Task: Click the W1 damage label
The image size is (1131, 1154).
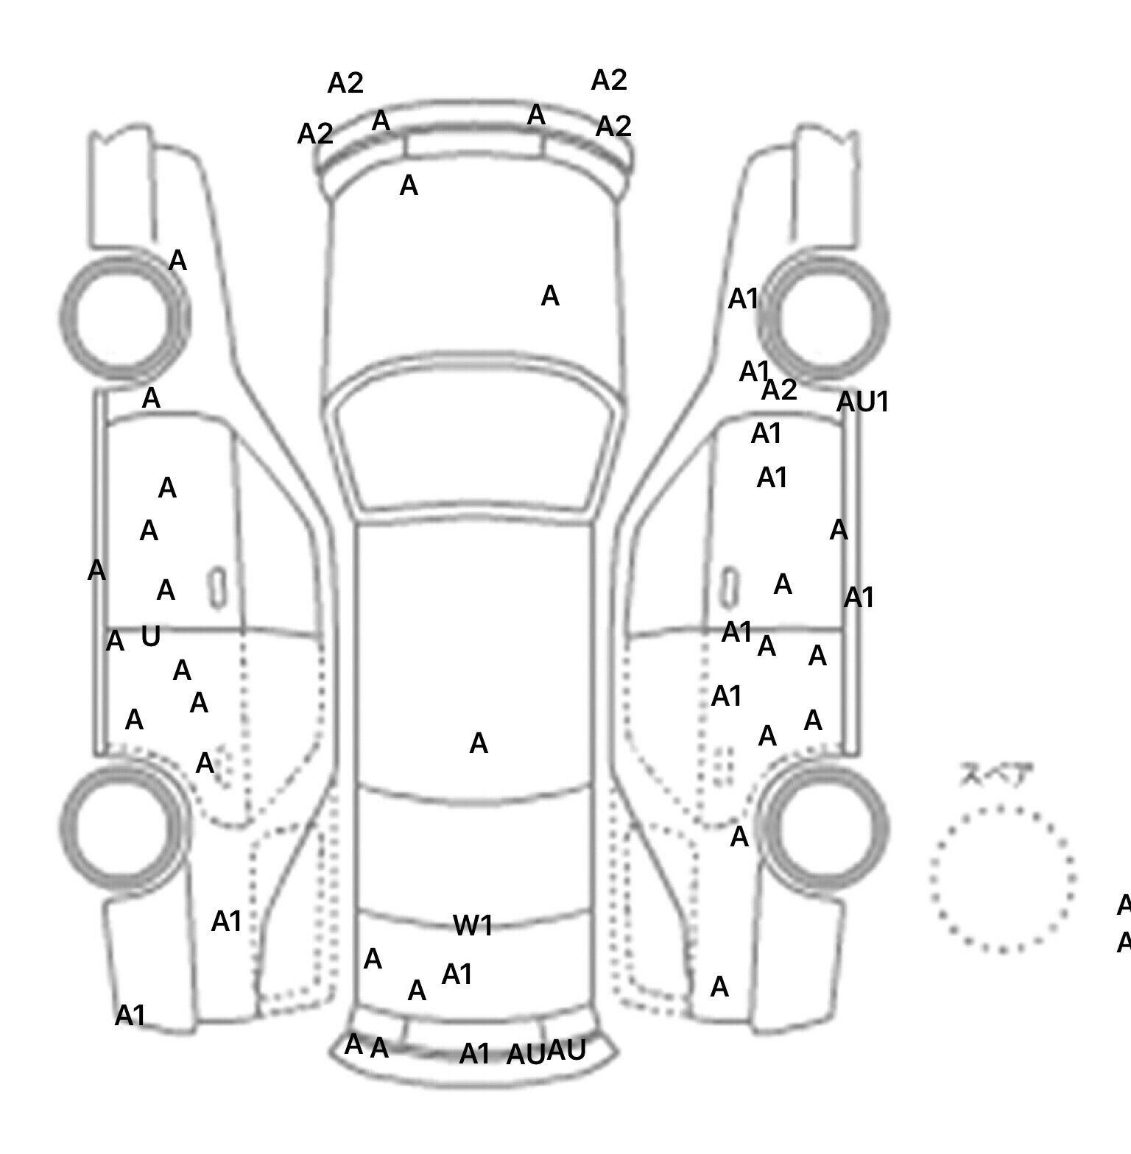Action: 473,925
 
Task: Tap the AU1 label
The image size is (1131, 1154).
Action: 863,402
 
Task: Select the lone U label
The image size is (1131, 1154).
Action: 150,636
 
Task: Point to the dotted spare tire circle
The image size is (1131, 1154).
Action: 1003,879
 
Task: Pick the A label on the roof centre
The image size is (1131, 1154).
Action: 479,743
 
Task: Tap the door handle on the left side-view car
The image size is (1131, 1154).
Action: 218,588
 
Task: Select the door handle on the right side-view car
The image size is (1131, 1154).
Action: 729,588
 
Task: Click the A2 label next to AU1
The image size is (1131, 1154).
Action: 779,390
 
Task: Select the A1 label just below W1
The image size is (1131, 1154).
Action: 457,974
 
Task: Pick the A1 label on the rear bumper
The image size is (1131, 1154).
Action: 474,1054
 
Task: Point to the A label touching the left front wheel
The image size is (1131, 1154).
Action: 177,261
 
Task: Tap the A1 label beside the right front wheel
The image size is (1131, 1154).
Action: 743,299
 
